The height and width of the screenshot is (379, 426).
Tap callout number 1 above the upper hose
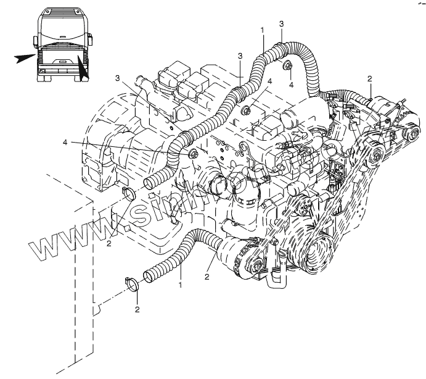[x=263, y=30]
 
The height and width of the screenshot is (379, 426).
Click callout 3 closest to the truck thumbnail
[x=117, y=78]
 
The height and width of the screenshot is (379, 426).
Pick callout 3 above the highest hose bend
[x=281, y=23]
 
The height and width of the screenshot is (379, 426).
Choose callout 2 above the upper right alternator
[x=369, y=78]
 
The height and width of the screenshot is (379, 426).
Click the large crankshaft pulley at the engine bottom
[x=315, y=249]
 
